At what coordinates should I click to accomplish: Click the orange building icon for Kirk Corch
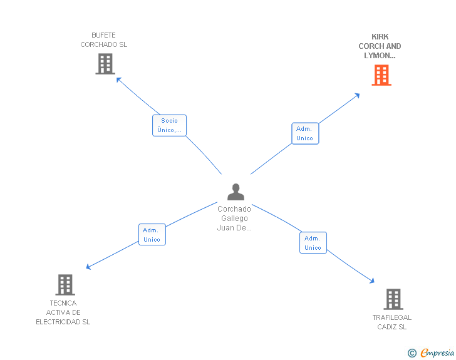381,75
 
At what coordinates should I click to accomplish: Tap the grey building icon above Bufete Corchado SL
105,63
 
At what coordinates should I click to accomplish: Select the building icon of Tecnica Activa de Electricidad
65,284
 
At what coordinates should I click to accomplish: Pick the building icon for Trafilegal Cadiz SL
393,299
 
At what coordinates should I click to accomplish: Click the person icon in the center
236,192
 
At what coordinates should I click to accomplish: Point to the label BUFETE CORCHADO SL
104,40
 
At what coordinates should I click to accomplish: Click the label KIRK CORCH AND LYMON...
380,46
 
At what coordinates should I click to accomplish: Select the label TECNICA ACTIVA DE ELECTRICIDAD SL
63,312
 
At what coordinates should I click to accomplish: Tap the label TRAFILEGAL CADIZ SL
392,322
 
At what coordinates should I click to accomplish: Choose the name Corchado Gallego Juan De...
234,219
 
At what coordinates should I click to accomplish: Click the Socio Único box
169,125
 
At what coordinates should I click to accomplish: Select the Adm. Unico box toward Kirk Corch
304,133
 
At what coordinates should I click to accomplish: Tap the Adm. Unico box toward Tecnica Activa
152,235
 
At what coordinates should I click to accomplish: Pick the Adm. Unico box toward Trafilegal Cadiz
313,243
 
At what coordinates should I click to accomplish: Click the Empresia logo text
437,353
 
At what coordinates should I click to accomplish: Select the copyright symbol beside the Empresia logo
412,354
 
